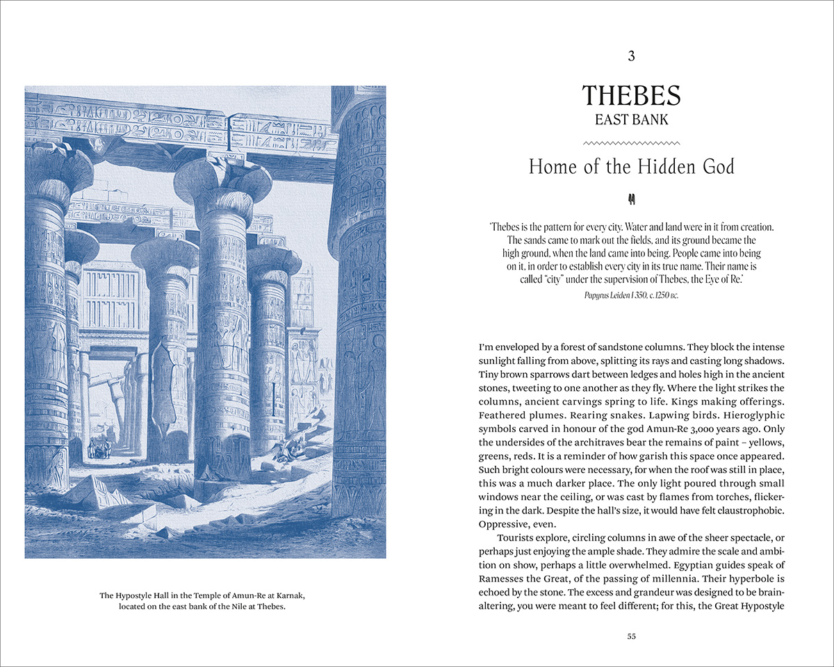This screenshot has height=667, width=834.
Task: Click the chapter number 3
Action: pos(631,56)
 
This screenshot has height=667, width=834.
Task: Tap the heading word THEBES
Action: pos(631,95)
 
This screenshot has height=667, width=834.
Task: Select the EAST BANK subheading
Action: pos(631,120)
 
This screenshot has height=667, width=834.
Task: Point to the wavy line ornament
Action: pos(631,142)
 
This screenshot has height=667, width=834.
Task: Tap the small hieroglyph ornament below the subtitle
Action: pos(631,200)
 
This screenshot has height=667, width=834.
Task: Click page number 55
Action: pos(631,636)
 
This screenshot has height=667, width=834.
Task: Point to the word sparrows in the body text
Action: pos(555,374)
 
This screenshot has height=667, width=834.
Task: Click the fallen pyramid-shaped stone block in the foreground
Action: pos(90,491)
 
